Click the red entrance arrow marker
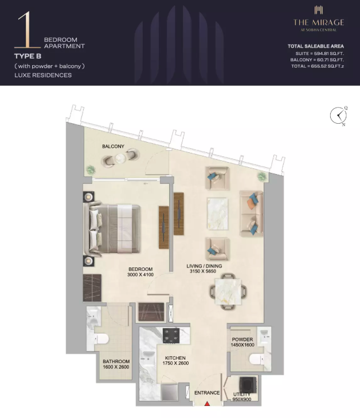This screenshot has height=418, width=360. tap(207, 404)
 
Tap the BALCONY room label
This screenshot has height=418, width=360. tap(113, 147)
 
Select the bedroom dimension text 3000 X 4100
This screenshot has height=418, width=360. tap(140, 275)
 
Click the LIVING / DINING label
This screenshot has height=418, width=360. tap(204, 266)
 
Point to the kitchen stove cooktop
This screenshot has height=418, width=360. tap(171, 335)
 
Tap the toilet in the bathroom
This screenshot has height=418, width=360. tap(100, 340)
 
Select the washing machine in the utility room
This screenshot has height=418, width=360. tap(248, 385)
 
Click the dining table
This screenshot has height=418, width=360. tap(228, 291)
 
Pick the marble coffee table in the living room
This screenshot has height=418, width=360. tap(217, 214)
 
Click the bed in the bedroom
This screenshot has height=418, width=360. tap(112, 229)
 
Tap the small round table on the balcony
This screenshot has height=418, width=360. tap(120, 159)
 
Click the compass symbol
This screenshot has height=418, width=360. tap(338, 116)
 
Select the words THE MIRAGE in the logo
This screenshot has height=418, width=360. tap(319, 22)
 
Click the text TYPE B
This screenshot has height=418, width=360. tap(28, 56)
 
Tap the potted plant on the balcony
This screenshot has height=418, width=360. tap(91, 170)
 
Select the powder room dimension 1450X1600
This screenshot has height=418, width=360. tap(242, 345)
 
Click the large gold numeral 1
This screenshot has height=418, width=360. tap(28, 30)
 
